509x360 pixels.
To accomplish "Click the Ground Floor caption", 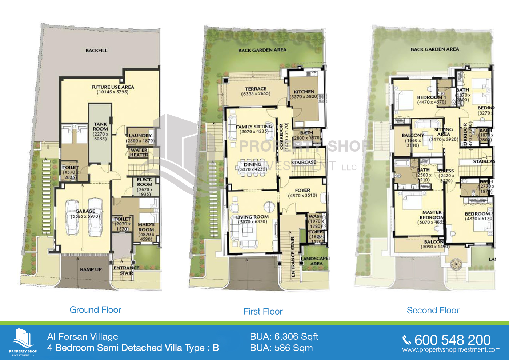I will coord(95,310).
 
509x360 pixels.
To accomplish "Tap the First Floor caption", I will coord(263,311).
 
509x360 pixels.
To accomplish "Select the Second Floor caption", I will coord(433,310).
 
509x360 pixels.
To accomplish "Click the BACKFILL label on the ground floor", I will coord(96,51).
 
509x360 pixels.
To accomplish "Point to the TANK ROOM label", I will coord(100,127).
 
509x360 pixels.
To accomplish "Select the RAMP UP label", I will coord(91,269).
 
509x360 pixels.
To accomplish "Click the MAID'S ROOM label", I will coord(146,227).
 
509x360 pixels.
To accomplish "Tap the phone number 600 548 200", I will coord(452,340).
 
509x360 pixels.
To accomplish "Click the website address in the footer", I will coord(451,350).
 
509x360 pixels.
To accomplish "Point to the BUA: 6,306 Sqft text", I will coord(284,337).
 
